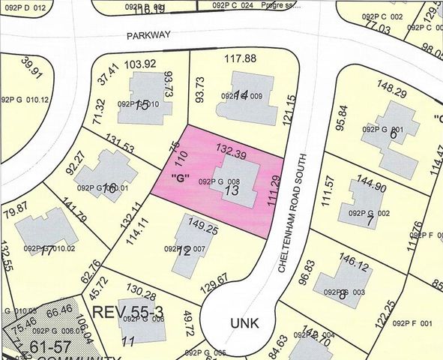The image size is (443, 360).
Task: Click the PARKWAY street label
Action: pos(150,34)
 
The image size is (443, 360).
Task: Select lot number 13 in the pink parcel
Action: pos(231,192)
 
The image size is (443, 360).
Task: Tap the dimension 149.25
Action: pos(202,224)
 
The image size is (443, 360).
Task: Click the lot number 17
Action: pos(46,250)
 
